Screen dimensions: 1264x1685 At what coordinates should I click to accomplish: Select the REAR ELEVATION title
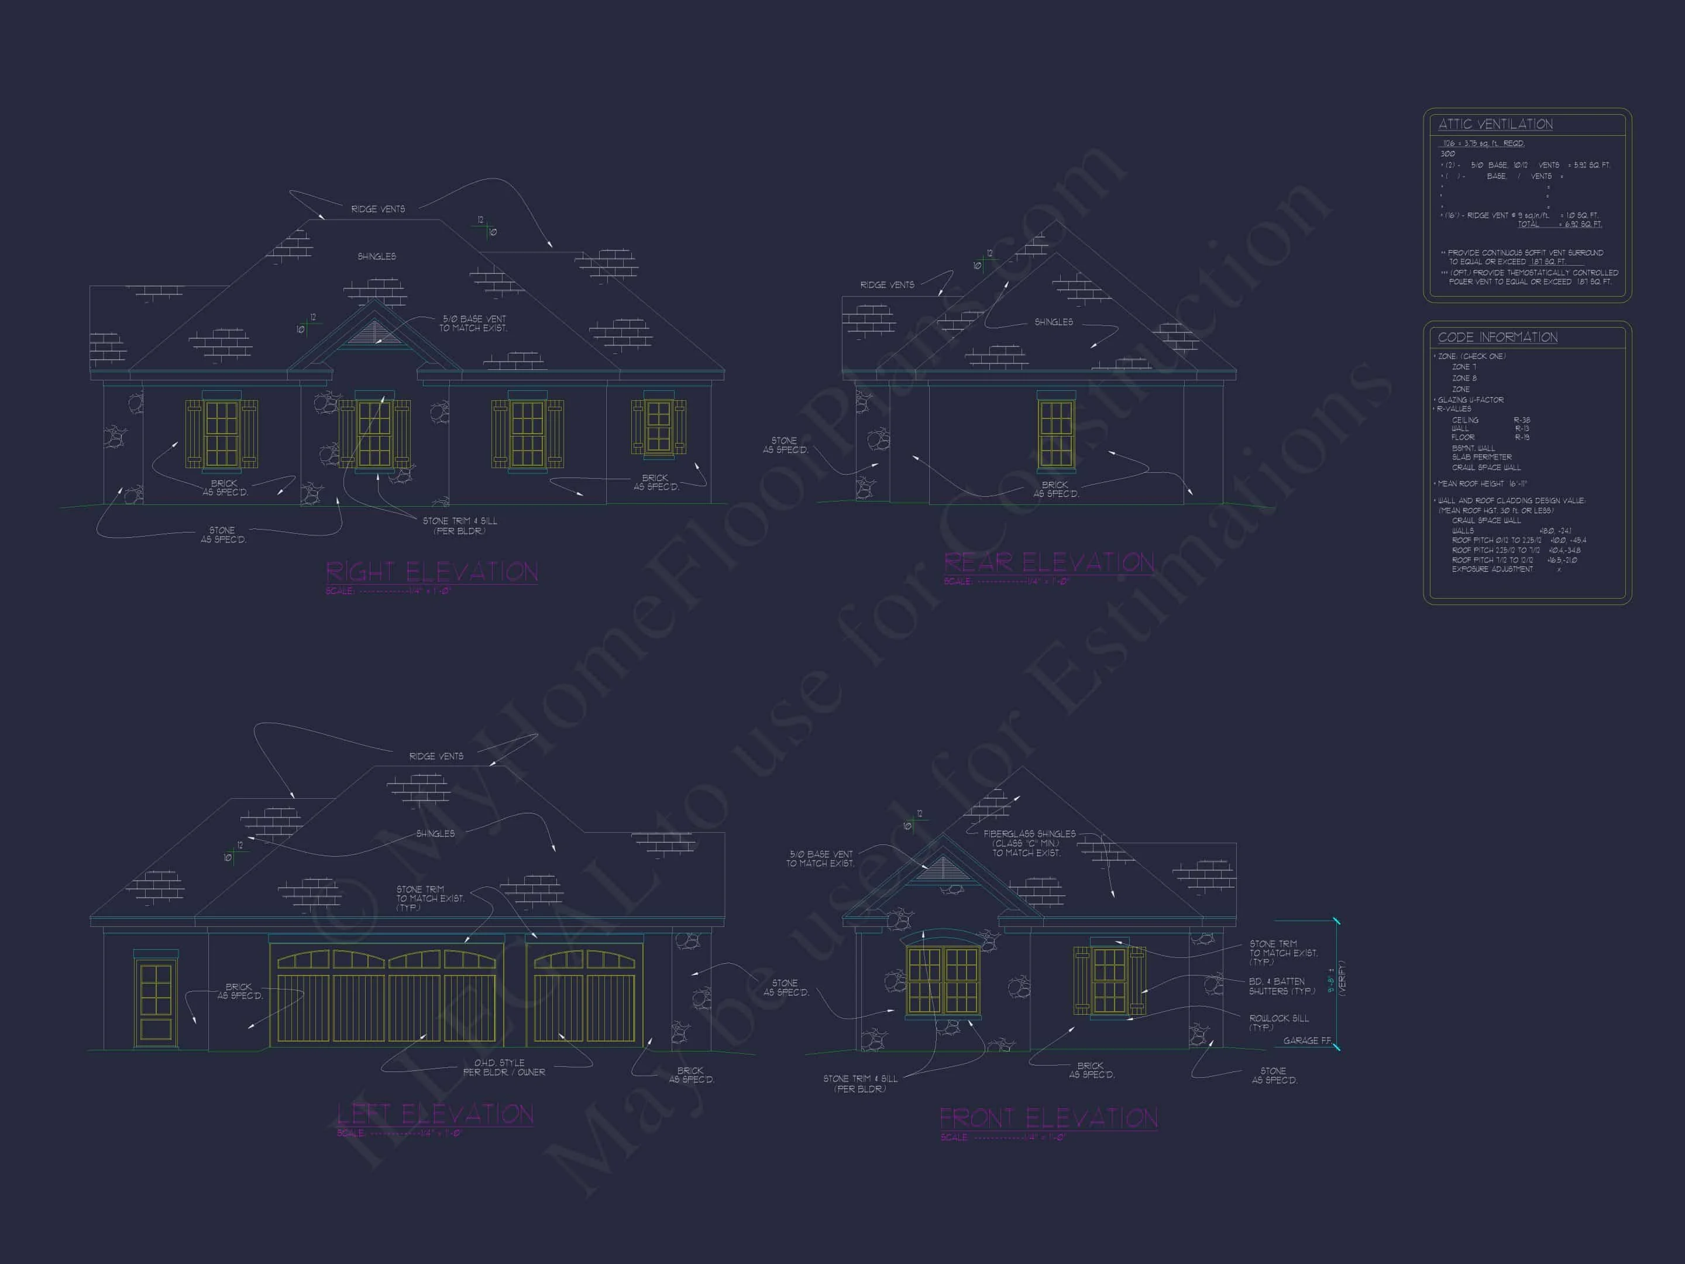(x=1048, y=562)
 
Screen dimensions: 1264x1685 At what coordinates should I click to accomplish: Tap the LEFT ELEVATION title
(x=435, y=1114)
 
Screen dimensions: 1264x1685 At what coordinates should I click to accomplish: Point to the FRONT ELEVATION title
(x=1048, y=1118)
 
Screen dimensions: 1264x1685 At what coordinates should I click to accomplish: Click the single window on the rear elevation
(x=1056, y=434)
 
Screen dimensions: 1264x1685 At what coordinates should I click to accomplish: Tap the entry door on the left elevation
(x=156, y=1002)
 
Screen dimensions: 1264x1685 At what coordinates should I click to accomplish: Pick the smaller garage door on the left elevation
(x=584, y=994)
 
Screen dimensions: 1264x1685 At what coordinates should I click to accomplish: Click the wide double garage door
(x=386, y=994)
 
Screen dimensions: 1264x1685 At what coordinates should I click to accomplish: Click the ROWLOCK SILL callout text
(x=1278, y=1022)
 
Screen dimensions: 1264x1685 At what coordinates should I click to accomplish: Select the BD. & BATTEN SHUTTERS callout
(x=1281, y=986)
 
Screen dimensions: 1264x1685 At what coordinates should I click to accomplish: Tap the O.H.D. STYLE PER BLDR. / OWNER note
(x=504, y=1067)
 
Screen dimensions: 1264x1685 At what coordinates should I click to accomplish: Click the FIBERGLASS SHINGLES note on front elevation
(x=1029, y=843)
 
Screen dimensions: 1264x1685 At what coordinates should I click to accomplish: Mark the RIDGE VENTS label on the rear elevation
(x=887, y=285)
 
